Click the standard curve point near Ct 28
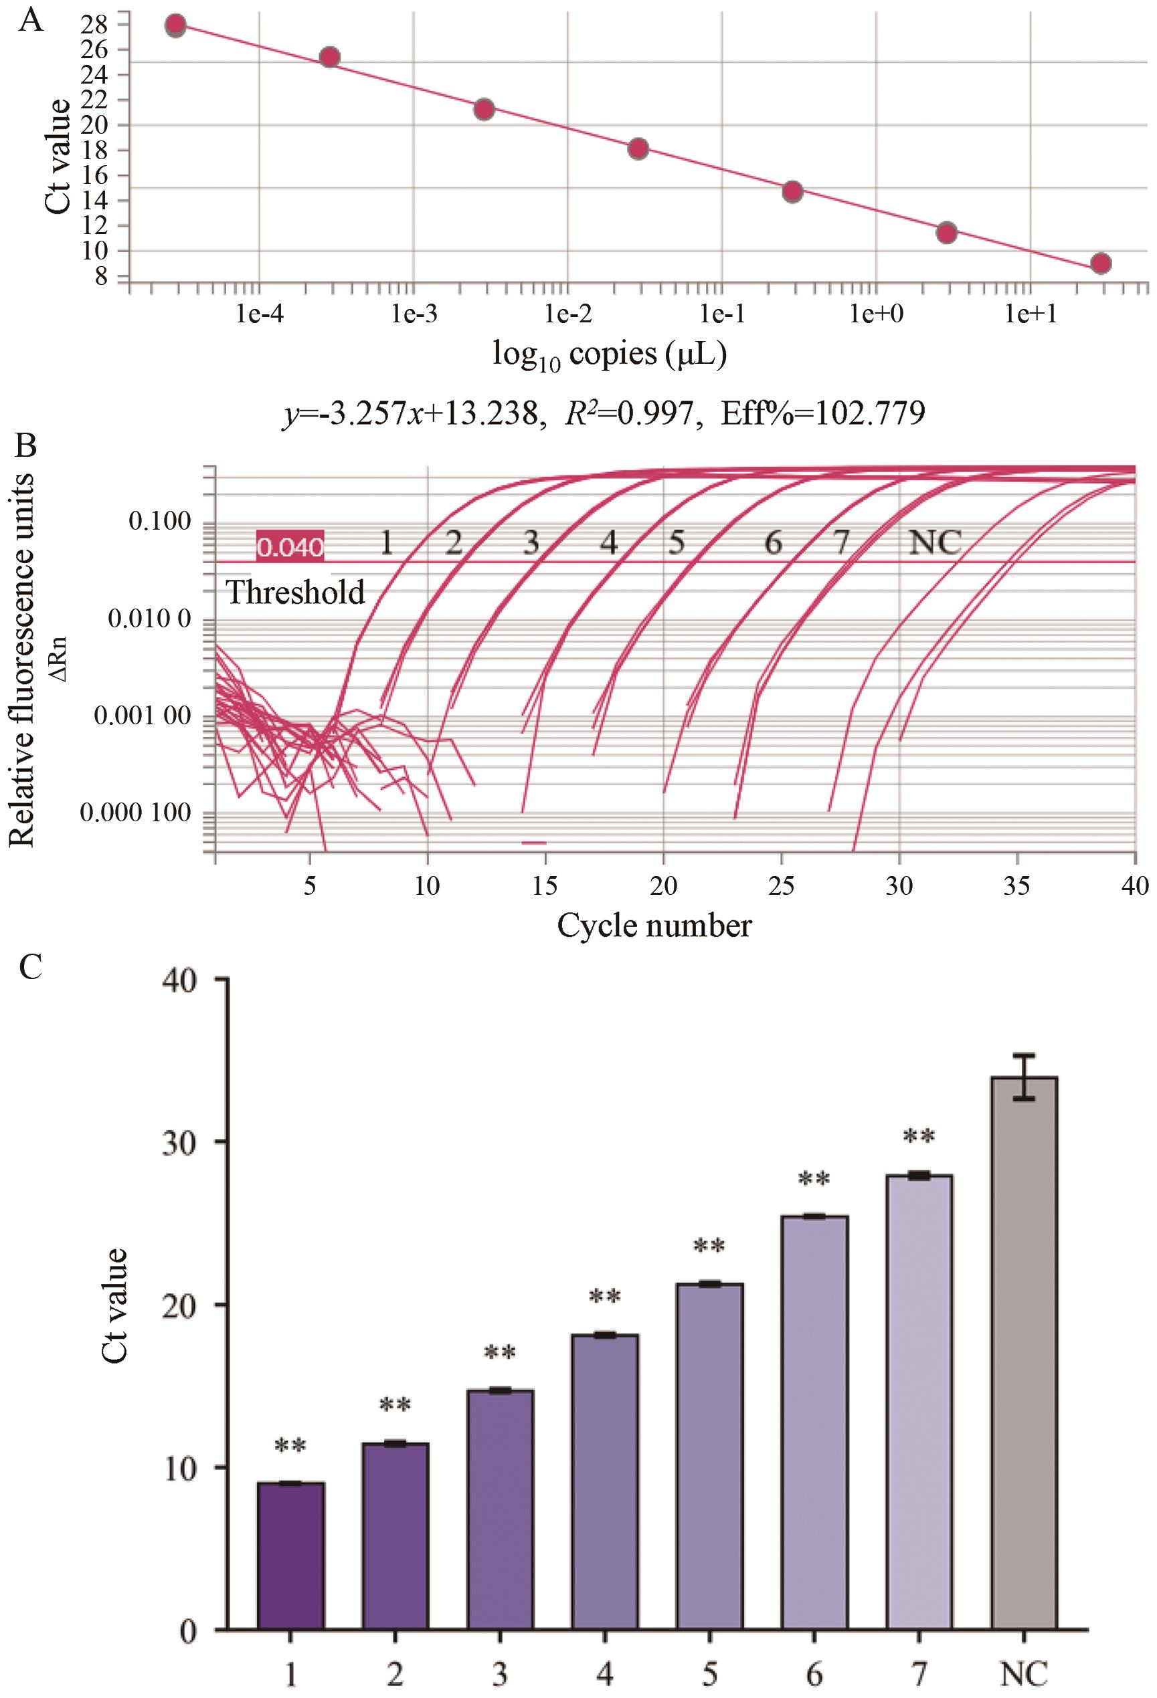pos(175,25)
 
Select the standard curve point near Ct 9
pos(1101,263)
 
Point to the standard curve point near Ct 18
pos(638,149)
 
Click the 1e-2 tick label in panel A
pos(567,315)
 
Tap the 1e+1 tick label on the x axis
pos(1031,315)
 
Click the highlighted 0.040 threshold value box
pos(290,546)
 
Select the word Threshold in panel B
pos(296,592)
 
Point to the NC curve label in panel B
pos(934,543)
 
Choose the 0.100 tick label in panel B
pos(159,522)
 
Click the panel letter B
pos(25,445)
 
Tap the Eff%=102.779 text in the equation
pos(823,413)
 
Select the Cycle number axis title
pos(654,926)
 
